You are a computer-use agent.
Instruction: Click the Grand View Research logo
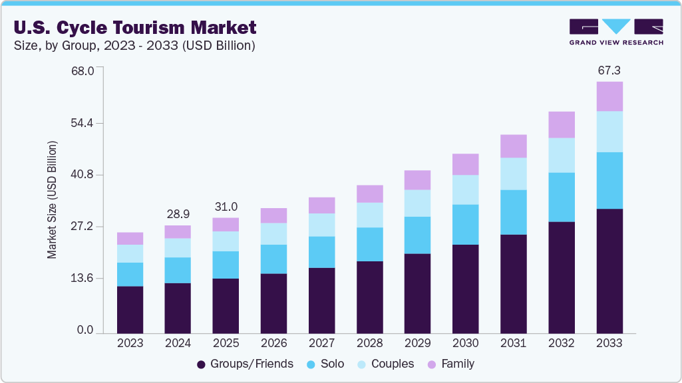(615, 32)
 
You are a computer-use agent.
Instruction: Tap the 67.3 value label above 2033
(609, 70)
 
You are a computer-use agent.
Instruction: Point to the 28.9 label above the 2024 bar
(178, 214)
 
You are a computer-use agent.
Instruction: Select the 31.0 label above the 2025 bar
(226, 207)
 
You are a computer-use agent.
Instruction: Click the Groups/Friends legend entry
(245, 364)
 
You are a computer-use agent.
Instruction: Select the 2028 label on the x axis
(369, 343)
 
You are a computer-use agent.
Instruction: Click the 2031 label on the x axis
(513, 343)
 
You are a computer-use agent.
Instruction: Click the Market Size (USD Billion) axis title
(52, 199)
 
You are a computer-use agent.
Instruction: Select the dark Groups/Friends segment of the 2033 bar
(609, 271)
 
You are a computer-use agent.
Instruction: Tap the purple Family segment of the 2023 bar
(130, 239)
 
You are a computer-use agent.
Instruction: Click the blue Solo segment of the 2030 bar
(465, 224)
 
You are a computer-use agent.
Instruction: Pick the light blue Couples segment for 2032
(562, 155)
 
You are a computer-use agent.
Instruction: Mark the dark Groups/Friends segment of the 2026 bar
(273, 303)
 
